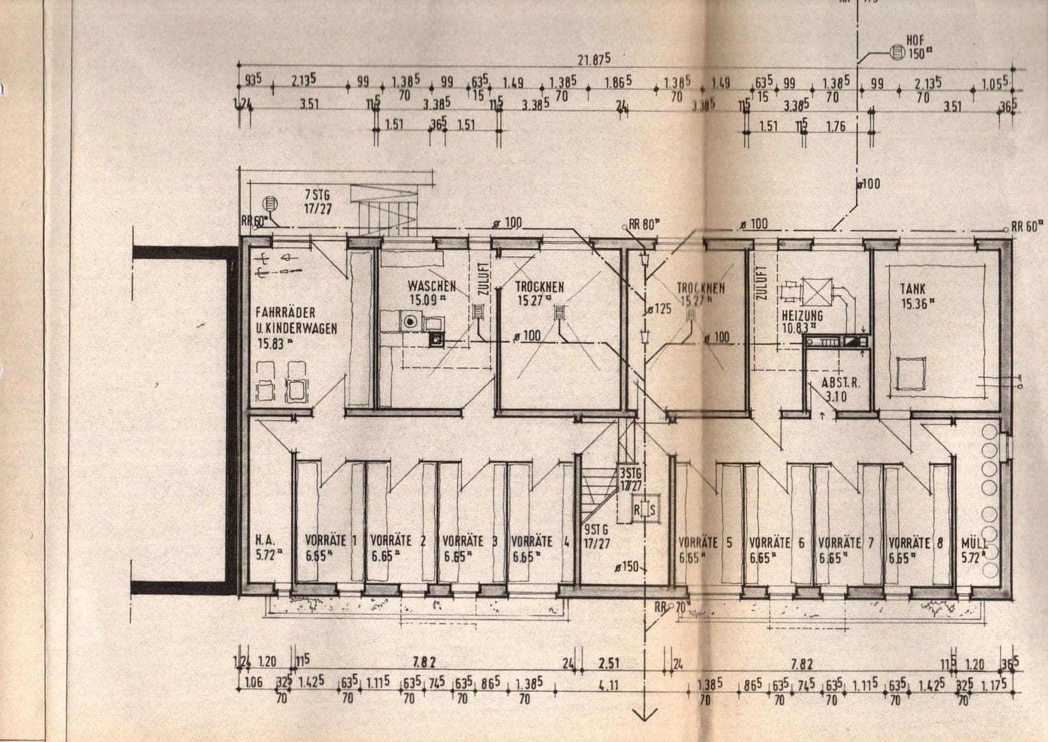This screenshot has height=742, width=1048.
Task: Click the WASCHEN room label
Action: coord(431,285)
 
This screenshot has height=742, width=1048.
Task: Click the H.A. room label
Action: coord(265,541)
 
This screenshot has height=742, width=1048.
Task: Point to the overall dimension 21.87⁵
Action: coord(593,59)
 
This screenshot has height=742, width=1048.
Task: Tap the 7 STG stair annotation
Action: coord(317,194)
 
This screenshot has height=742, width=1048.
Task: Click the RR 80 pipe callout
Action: coord(642,224)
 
